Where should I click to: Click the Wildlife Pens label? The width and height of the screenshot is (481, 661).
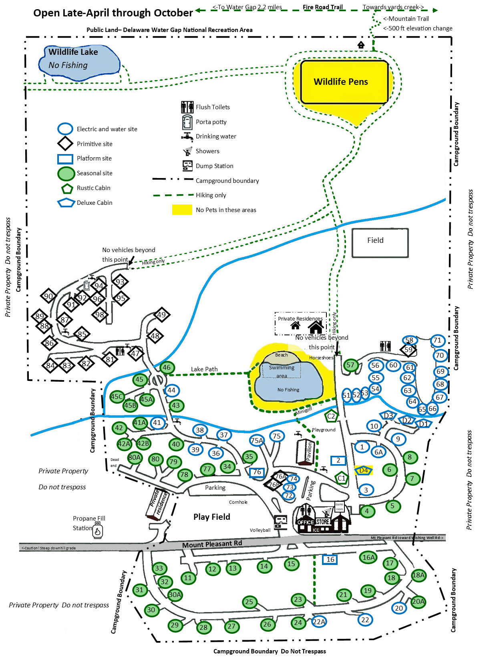click(x=340, y=82)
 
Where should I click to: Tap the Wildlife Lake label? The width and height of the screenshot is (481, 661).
click(x=73, y=52)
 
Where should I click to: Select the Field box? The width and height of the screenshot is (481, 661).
click(x=380, y=242)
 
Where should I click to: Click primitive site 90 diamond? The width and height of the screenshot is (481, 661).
click(x=48, y=296)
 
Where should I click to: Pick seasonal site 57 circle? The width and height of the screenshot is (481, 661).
click(x=350, y=365)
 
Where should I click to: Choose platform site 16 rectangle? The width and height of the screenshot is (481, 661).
click(x=330, y=559)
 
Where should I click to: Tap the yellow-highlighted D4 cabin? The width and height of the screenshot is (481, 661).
click(x=364, y=471)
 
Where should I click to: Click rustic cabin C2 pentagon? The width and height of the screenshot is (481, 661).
click(x=331, y=416)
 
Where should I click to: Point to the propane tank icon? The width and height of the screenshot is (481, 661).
click(x=98, y=531)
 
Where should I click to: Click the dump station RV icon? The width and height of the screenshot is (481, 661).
click(x=280, y=522)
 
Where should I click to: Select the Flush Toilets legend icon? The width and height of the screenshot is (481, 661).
click(x=187, y=107)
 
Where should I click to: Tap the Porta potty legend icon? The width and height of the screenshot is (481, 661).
click(x=187, y=122)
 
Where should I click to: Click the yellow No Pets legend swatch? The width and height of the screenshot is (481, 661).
click(x=182, y=210)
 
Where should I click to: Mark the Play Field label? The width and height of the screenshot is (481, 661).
click(x=211, y=517)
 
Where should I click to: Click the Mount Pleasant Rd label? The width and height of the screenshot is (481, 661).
click(x=212, y=544)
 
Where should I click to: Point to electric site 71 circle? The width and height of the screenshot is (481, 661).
click(x=437, y=341)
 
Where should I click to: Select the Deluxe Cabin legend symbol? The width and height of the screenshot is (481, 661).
click(x=66, y=203)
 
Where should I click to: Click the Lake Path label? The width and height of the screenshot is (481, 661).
click(x=204, y=369)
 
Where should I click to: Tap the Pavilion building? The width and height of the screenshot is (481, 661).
click(x=305, y=453)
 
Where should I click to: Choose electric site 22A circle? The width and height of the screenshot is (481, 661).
click(x=319, y=621)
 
